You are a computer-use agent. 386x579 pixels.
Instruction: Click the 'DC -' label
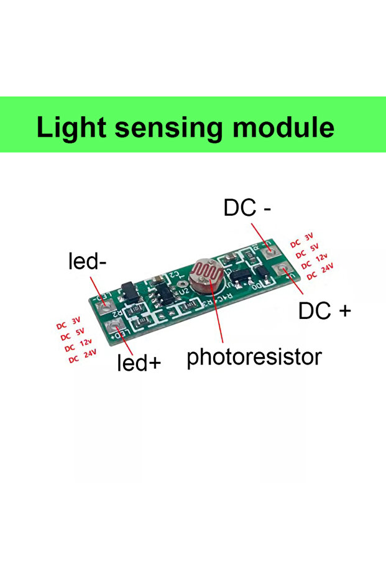click(247, 209)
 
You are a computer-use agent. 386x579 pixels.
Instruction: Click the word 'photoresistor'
click(254, 357)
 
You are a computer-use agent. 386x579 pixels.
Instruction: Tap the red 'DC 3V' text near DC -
click(302, 239)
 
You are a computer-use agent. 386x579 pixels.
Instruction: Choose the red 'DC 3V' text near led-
click(69, 323)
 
